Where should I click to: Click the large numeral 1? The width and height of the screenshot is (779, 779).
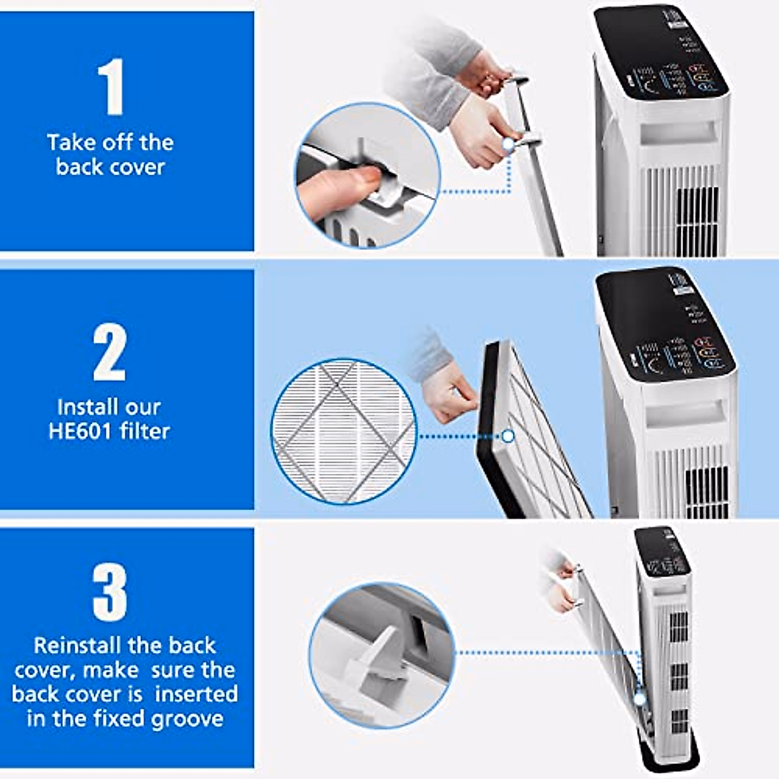[x=111, y=86]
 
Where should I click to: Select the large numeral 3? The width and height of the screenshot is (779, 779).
[x=110, y=592]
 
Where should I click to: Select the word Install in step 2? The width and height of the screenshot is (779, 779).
[x=83, y=407]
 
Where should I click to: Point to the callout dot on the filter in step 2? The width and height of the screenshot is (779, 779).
[x=508, y=436]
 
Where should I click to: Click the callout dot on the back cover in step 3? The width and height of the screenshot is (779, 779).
[x=639, y=699]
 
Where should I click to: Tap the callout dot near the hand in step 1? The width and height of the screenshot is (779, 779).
[x=508, y=144]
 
